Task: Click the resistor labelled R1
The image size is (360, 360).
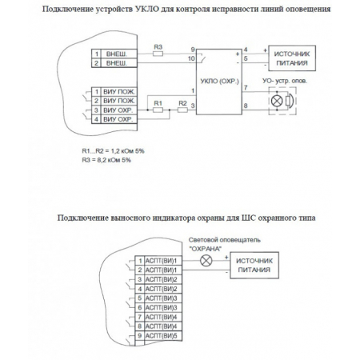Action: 158,110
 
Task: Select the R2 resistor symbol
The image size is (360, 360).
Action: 182,110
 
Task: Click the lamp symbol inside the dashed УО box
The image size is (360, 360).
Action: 279,103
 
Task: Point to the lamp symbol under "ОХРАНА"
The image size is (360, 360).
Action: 206,262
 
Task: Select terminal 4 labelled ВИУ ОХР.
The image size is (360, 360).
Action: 115,119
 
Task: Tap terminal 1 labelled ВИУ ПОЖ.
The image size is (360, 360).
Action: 115,93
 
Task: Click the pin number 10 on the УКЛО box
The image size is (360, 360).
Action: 190,58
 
